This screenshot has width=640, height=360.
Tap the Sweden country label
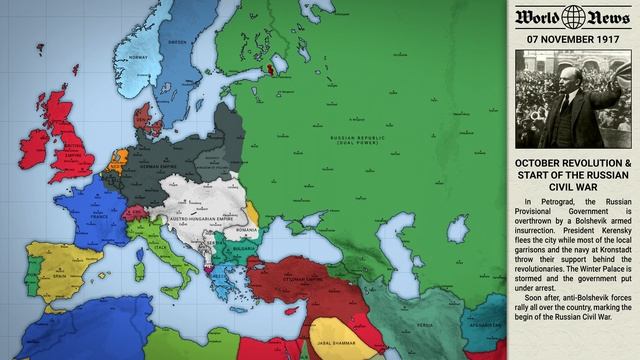coord(178,42)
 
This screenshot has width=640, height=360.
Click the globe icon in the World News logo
coord(572,17)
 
